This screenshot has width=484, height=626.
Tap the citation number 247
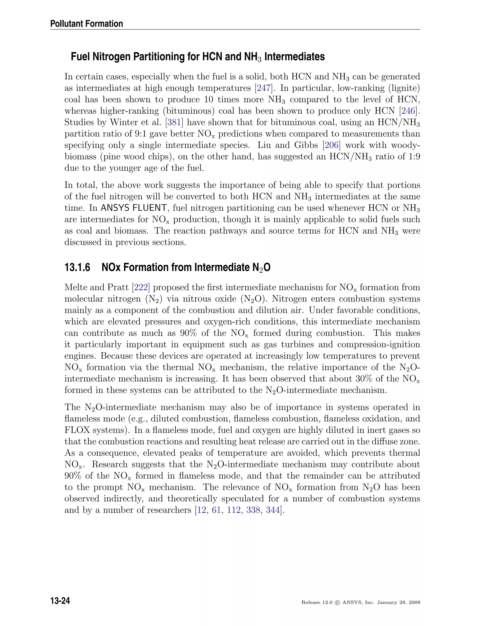click(263, 88)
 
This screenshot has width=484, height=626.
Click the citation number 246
click(409, 111)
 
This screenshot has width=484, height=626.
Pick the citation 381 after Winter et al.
click(174, 122)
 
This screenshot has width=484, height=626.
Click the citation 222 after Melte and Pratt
click(141, 287)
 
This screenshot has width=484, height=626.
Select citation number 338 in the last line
click(253, 510)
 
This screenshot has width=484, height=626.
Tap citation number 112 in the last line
click(234, 510)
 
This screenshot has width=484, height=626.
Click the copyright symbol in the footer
click(337, 603)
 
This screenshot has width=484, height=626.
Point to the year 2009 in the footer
click(414, 603)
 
